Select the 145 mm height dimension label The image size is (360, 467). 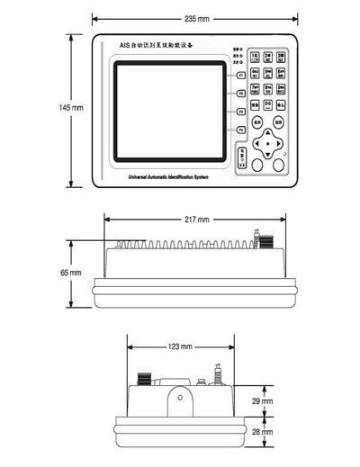pos(71,108)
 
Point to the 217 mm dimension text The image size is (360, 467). pos(198,220)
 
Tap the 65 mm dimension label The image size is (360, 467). pos(71,272)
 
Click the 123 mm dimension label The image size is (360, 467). pos(180,346)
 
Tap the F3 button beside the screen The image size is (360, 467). pos(240,112)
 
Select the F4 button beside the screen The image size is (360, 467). pos(240,131)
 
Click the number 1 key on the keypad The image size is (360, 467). pos(256,56)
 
